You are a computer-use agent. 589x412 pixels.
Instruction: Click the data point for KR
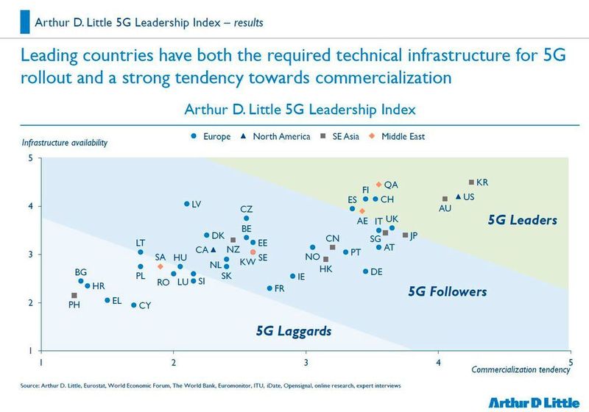(471, 182)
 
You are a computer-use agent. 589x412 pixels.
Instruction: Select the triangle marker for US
(458, 196)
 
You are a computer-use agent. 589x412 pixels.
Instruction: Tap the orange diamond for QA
(378, 185)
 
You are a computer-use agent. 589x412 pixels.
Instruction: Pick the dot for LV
(186, 204)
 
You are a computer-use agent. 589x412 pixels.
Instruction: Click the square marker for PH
(74, 295)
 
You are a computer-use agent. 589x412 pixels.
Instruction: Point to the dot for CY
(133, 305)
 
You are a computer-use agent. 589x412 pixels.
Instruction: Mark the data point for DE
(365, 271)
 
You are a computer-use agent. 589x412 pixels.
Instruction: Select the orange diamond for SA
(160, 266)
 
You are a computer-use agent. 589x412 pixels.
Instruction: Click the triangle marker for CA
(213, 249)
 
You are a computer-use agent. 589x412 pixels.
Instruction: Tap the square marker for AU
(445, 199)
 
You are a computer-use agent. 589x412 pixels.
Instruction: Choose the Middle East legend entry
(398, 136)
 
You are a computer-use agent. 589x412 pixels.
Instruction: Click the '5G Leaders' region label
(522, 220)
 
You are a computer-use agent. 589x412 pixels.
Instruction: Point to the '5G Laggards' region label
(293, 331)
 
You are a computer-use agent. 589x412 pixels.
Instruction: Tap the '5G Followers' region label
(447, 292)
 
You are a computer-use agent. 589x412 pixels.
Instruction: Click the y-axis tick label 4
(30, 206)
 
